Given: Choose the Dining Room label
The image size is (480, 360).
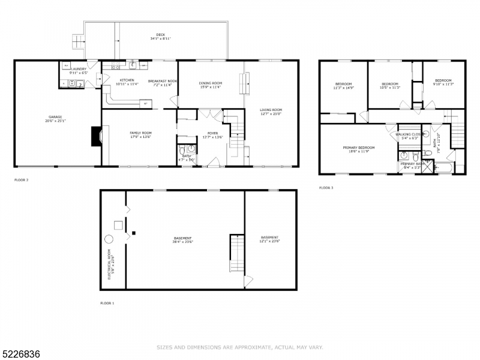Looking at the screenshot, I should [211, 85].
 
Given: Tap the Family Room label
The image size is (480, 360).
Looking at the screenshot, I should [125, 134].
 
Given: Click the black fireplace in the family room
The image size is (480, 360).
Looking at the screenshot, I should [95, 136].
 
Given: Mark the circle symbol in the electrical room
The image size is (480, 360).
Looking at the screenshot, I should [109, 239].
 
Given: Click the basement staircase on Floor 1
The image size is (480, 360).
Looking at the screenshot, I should [237, 253].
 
